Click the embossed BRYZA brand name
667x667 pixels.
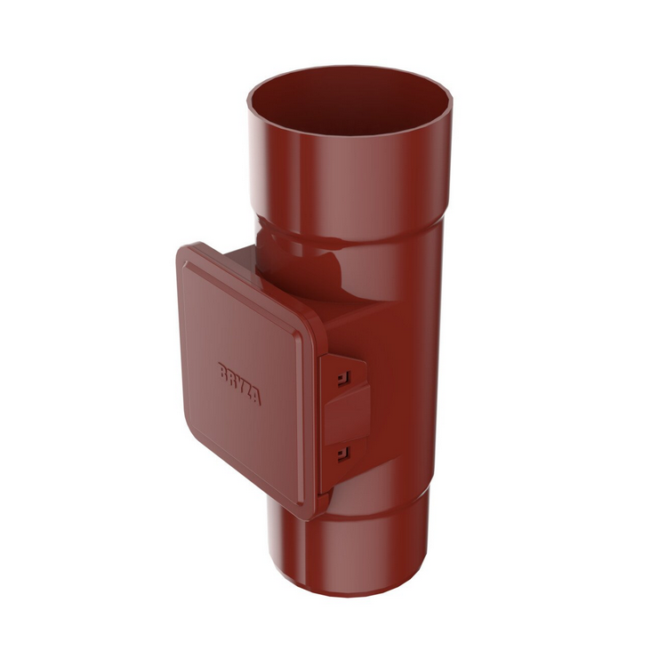point(239,383)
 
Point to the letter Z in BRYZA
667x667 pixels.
point(248,390)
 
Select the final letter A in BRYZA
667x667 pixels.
point(257,397)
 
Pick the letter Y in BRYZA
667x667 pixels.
point(239,383)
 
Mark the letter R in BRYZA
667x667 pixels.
point(230,378)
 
